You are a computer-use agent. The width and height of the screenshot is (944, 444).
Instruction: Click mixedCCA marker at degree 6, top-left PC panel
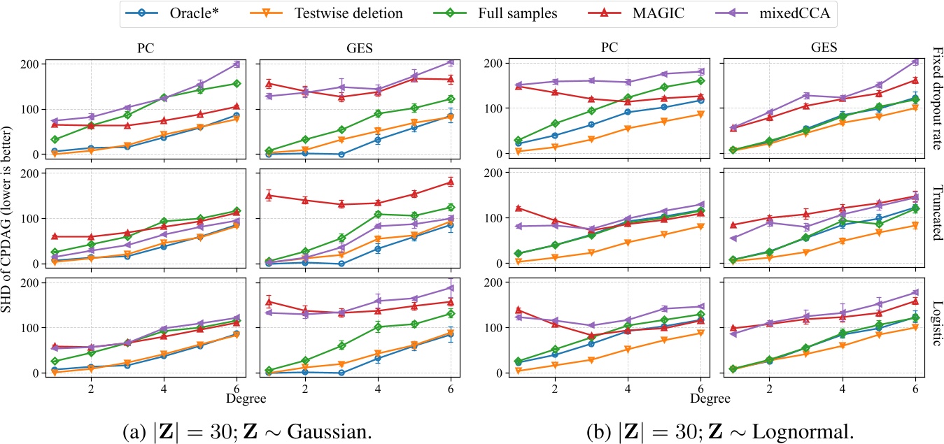click(x=237, y=64)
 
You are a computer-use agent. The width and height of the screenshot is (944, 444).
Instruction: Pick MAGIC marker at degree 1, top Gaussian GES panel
click(x=269, y=83)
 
